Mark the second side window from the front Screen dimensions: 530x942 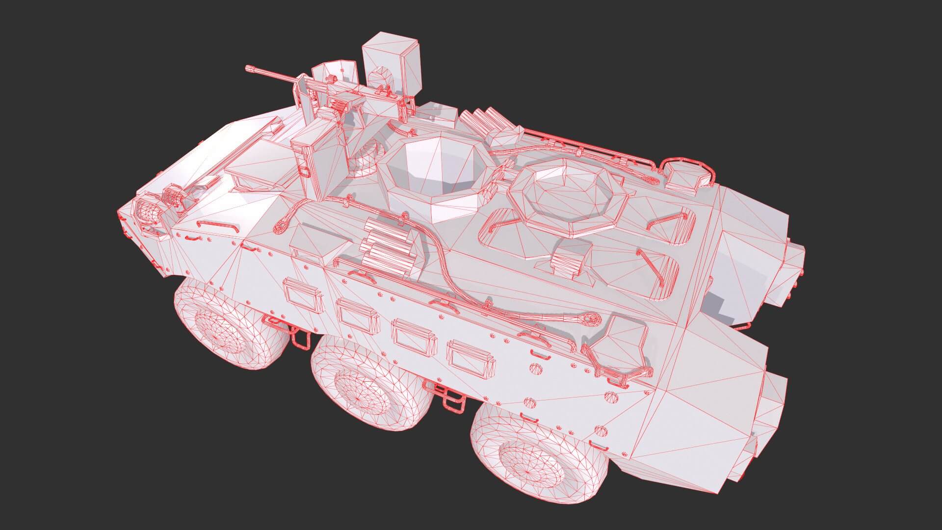click(x=357, y=315)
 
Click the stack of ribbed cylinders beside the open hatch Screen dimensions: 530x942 click(x=388, y=248)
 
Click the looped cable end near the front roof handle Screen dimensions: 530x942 click(x=283, y=226)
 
